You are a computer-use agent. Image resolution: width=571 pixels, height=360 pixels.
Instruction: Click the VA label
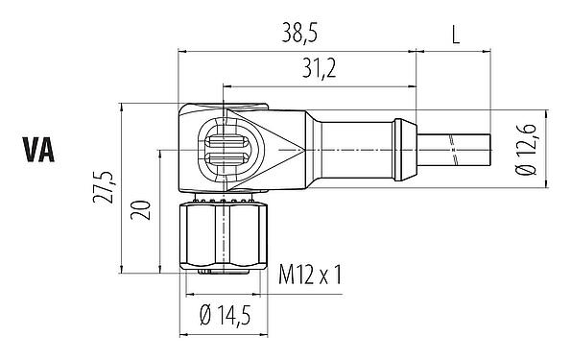pyautogui.click(x=38, y=151)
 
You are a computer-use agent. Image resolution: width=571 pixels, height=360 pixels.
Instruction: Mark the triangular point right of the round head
pyautogui.click(x=292, y=150)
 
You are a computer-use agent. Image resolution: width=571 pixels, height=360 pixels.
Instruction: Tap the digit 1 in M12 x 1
pyautogui.click(x=337, y=276)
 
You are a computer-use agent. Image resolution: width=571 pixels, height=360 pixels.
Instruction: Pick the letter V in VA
pyautogui.click(x=29, y=151)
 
